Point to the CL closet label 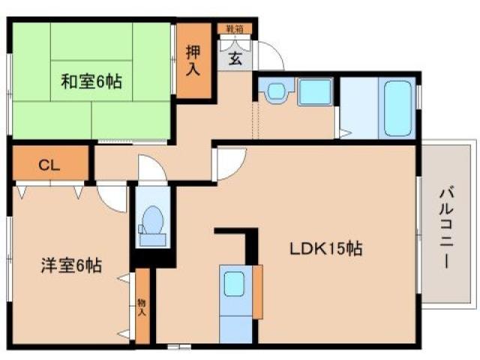[x=49, y=166]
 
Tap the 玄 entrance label [x=235, y=58]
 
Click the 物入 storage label [x=141, y=307]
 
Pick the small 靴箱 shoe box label [x=235, y=28]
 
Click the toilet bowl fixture [x=153, y=220]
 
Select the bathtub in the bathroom [x=397, y=109]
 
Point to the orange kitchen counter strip [x=258, y=291]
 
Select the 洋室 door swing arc [x=112, y=197]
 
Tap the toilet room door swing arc [x=151, y=169]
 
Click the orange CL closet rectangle [x=49, y=166]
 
